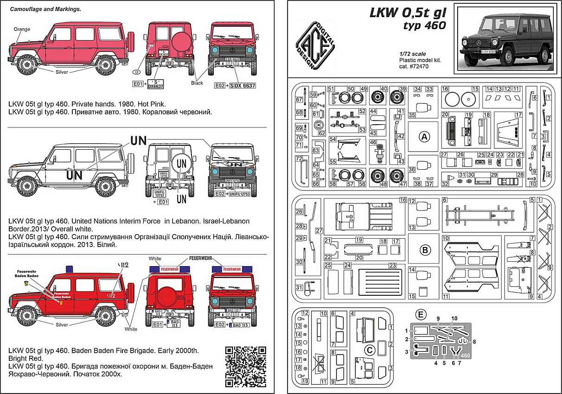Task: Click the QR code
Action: click(x=245, y=366)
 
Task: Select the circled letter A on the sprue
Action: click(x=423, y=137)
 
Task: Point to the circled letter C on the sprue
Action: click(x=369, y=350)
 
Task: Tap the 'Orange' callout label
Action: click(x=22, y=29)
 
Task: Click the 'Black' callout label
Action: click(x=197, y=83)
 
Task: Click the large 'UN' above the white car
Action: click(x=138, y=140)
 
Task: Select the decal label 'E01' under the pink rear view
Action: click(x=137, y=85)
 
